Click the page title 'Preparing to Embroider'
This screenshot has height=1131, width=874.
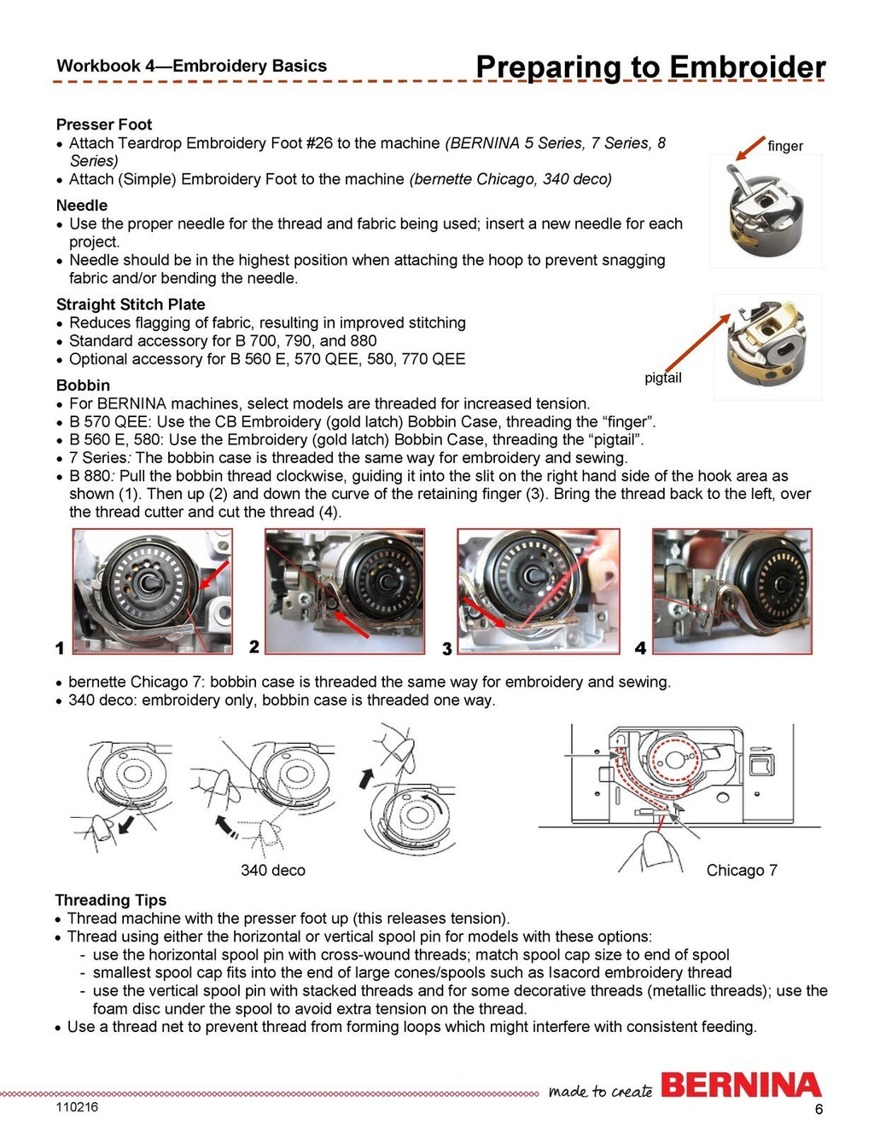650,67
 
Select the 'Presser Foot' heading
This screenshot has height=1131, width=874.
104,125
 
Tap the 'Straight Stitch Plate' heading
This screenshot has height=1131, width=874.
131,304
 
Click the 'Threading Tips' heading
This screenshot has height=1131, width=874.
111,900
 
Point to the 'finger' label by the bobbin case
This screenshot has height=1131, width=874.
785,146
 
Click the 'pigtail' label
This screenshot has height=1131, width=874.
663,378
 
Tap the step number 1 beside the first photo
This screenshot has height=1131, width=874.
60,648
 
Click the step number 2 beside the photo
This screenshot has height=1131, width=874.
254,647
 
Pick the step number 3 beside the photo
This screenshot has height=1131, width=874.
446,649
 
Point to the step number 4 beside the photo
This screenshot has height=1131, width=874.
640,648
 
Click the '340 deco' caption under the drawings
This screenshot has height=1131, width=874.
273,870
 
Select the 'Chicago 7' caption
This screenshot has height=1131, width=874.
742,870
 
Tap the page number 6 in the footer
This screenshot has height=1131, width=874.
819,1110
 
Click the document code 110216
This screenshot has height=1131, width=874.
77,1107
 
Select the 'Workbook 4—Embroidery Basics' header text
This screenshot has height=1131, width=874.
191,66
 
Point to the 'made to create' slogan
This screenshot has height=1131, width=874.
601,1091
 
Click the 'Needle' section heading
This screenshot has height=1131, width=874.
82,206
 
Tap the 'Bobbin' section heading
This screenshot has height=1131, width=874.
83,386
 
